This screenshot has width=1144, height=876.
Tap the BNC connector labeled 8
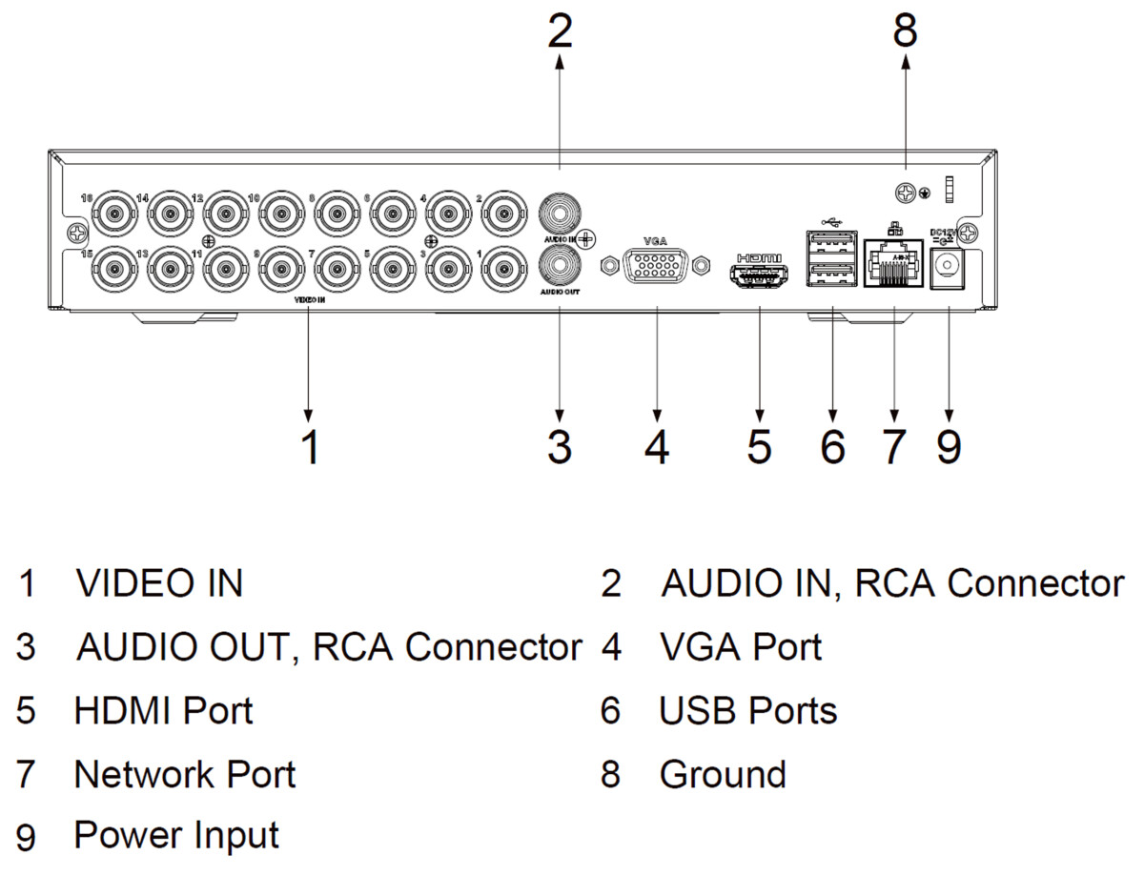click(x=337, y=214)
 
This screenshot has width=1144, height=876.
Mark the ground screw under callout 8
click(x=904, y=194)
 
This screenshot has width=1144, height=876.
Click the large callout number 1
click(x=309, y=447)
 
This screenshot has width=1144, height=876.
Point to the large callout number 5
click(x=759, y=447)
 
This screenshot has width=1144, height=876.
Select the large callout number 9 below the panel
click(x=949, y=447)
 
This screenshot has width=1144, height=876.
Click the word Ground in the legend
click(x=723, y=774)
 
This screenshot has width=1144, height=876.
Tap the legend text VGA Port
click(x=740, y=648)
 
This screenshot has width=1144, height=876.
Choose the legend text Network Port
click(x=185, y=774)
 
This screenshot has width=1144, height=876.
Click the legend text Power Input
click(x=176, y=835)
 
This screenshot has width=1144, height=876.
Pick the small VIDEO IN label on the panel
click(x=309, y=299)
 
